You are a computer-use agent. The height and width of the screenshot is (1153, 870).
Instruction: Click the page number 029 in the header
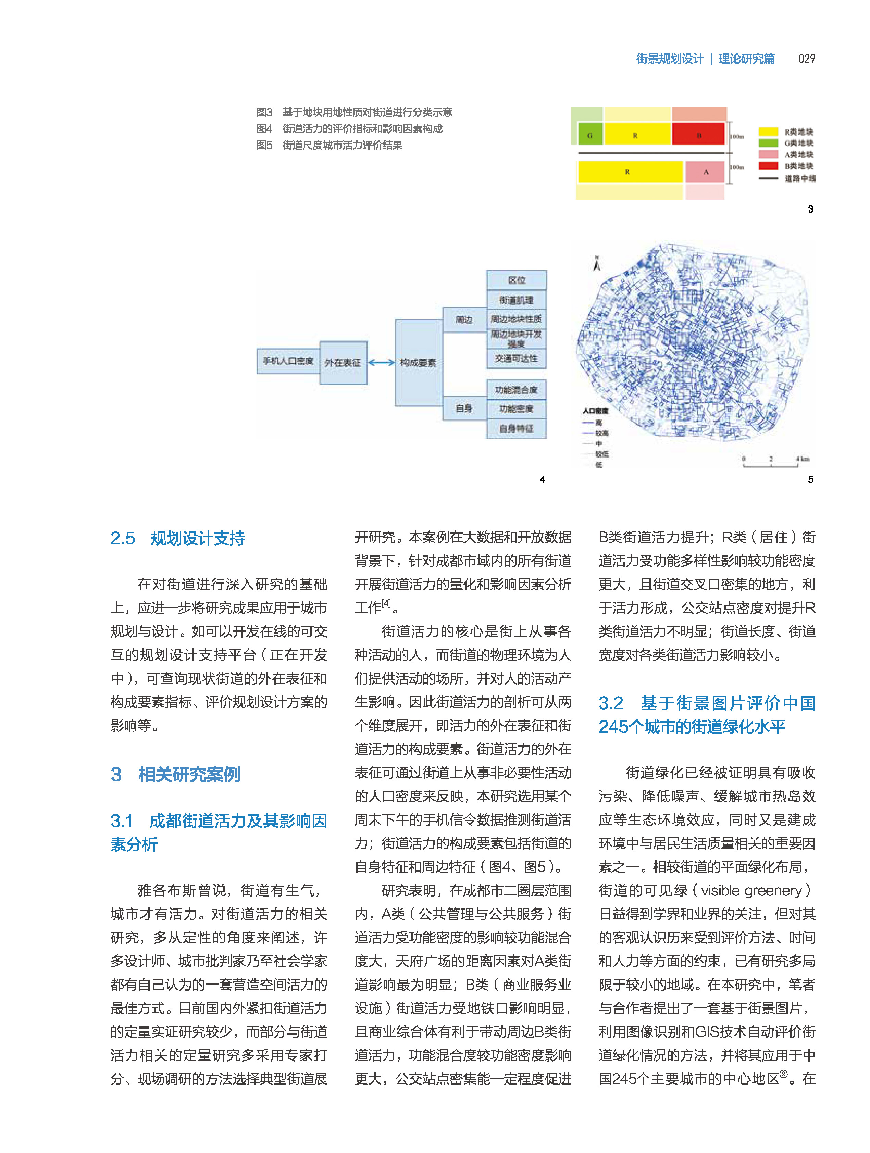coord(806,58)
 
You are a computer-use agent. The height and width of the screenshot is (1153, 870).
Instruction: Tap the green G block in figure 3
coord(589,135)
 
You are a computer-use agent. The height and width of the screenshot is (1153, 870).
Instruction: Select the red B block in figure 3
coord(698,135)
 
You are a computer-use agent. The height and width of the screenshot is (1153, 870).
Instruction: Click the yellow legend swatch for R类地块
coord(768,131)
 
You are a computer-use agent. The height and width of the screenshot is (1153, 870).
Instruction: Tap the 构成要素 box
coord(418,363)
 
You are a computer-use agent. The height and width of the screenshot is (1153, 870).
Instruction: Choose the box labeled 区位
coord(516,280)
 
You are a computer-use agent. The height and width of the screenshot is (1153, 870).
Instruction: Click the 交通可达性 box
coord(516,359)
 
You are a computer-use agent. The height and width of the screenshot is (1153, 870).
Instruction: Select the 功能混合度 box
coord(516,389)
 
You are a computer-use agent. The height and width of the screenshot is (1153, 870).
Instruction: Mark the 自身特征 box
coord(516,428)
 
